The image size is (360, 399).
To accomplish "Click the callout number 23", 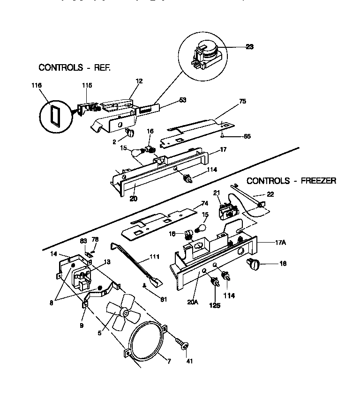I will coord(249,47).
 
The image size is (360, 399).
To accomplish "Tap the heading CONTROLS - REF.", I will coord(75,67).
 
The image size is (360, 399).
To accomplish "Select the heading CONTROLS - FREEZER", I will coord(291,180).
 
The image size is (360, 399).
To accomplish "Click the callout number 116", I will coord(36,85).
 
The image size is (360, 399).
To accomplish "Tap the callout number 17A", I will coord(281,243).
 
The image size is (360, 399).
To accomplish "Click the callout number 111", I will coord(155,257).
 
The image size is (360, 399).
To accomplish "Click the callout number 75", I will coord(242,101).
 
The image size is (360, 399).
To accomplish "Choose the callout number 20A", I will coord(193,303).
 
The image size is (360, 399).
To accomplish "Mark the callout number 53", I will coord(183,100).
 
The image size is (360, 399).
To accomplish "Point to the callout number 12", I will coord(139,81).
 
